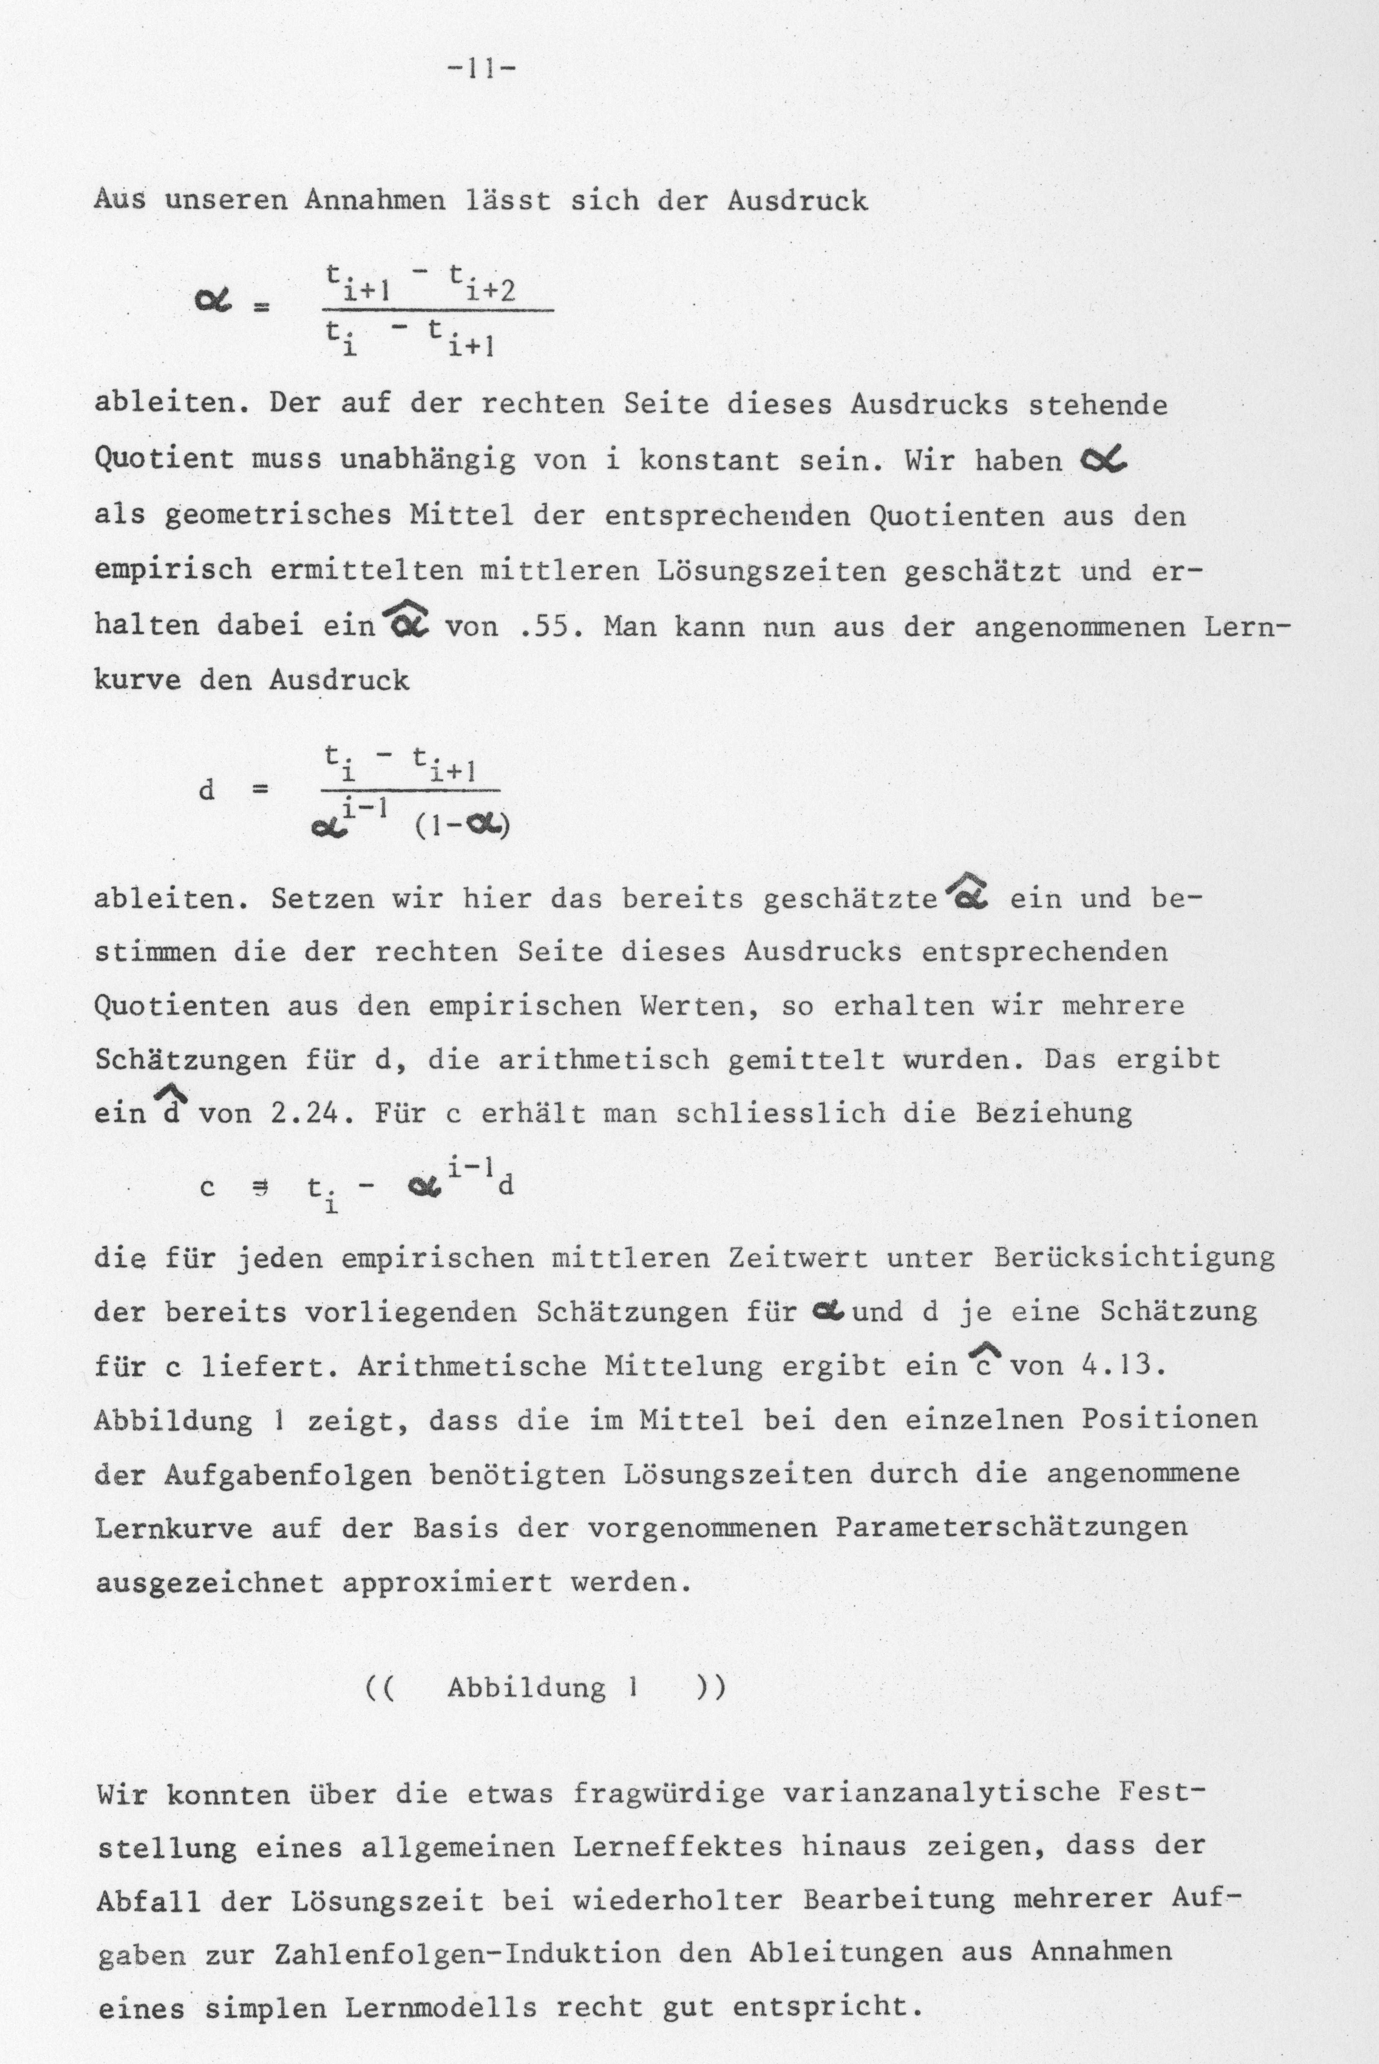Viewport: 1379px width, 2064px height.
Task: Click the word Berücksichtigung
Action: tap(1135, 1258)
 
